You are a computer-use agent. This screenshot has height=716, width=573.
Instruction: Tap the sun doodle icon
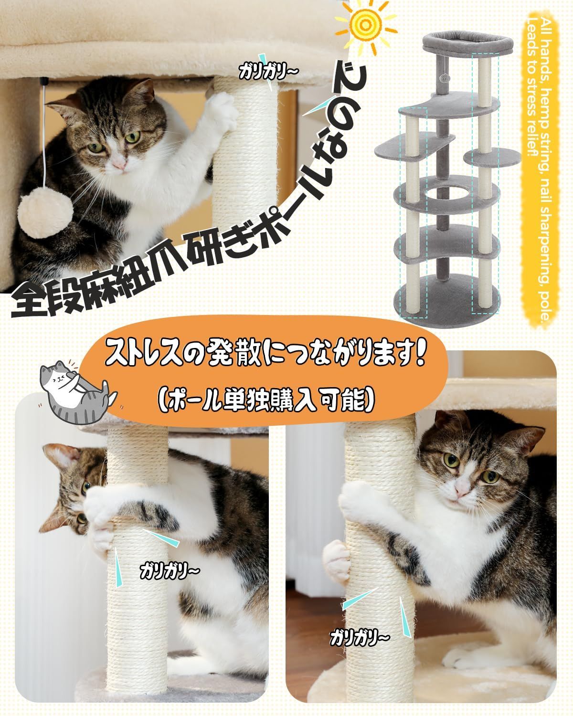point(366,24)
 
